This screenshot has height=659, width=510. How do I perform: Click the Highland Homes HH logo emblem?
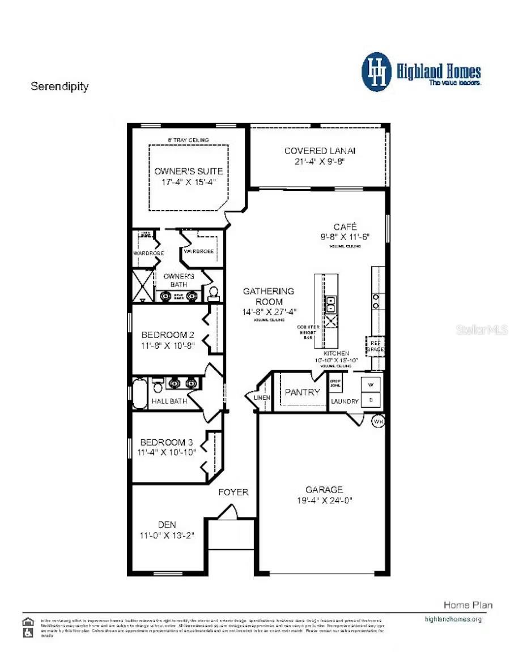click(377, 72)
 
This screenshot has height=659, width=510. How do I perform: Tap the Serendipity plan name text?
click(59, 87)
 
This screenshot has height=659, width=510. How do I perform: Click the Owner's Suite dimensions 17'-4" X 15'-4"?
click(188, 182)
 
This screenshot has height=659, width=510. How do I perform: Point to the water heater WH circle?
click(378, 421)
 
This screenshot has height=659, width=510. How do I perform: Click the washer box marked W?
click(372, 384)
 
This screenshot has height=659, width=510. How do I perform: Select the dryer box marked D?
click(372, 399)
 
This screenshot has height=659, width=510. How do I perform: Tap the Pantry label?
click(302, 392)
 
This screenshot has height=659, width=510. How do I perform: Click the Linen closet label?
click(262, 398)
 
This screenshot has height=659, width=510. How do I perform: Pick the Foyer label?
click(233, 492)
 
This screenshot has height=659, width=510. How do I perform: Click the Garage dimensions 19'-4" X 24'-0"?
click(324, 500)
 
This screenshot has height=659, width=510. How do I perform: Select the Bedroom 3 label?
click(163, 442)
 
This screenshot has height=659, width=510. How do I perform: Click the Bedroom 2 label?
click(164, 335)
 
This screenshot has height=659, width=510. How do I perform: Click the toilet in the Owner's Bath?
click(214, 293)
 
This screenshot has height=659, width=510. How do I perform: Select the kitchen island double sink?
click(330, 304)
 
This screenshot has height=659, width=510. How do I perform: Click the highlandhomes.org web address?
click(453, 619)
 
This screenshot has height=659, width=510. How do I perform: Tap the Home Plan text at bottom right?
click(467, 605)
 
